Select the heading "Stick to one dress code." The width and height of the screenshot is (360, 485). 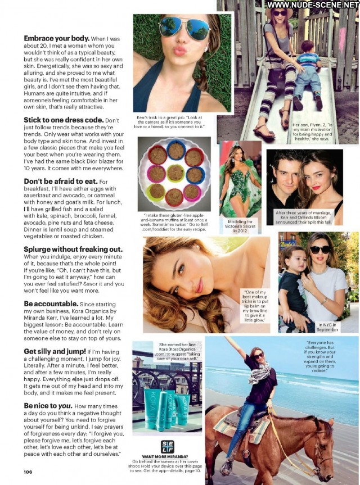(x=64, y=120)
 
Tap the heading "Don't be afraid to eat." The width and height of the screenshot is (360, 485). (x=61, y=182)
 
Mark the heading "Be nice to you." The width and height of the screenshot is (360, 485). (x=48, y=406)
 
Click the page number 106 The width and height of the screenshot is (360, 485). (x=28, y=472)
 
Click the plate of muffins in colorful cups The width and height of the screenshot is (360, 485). (x=174, y=174)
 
